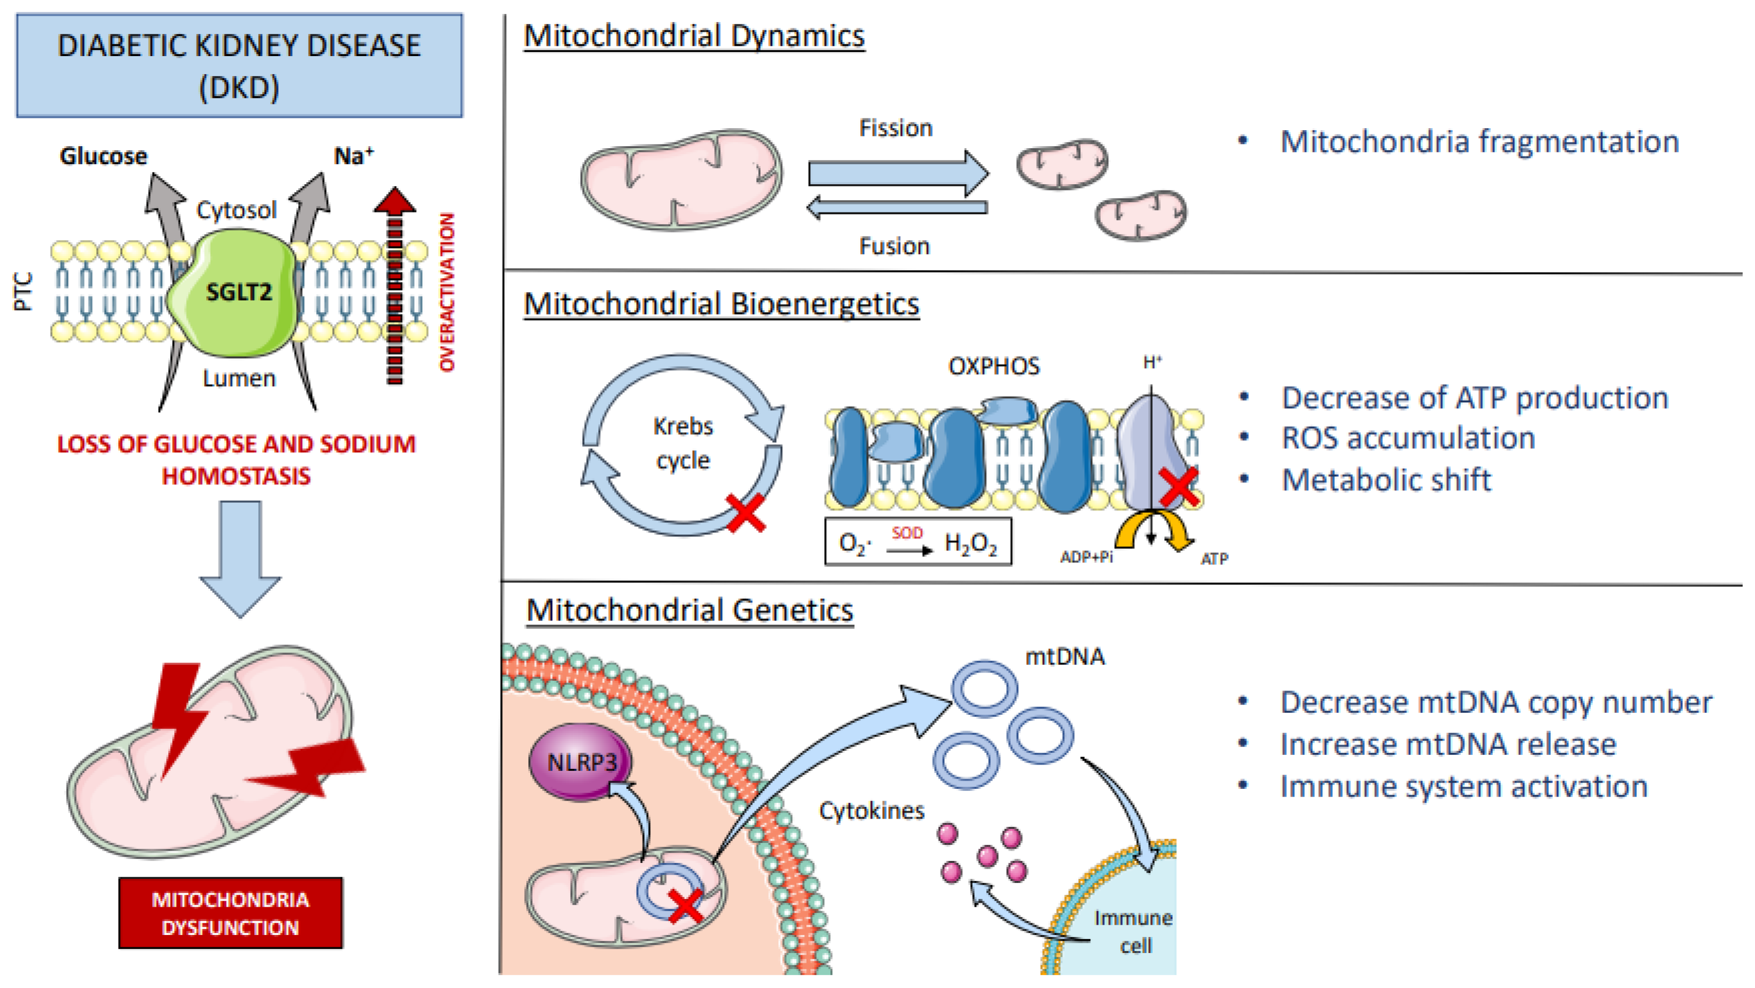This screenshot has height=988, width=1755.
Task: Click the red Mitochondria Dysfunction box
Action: point(231,913)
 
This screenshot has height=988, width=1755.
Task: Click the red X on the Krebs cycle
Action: point(746,513)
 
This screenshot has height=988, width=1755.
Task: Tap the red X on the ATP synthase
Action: point(1179,486)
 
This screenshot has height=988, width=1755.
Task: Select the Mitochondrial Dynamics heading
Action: point(694,36)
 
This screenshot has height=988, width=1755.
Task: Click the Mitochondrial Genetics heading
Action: point(689,610)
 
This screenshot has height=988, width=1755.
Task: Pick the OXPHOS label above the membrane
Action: point(994,366)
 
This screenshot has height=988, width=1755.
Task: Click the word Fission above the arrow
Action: point(895,128)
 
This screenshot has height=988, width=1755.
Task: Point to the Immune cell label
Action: point(1133,931)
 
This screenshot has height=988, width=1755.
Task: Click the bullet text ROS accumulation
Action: point(1408,438)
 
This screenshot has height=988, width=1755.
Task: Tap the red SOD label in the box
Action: point(907,533)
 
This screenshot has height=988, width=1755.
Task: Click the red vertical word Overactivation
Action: point(446,293)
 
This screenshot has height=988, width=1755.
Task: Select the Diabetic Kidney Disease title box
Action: point(239,66)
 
